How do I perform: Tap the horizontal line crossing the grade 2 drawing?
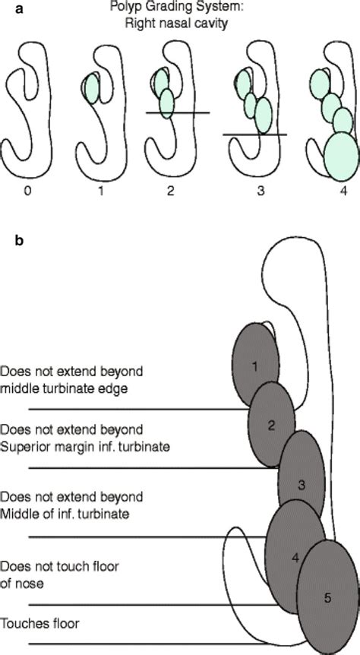point(177,113)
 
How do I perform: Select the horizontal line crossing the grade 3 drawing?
point(254,134)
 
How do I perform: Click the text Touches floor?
point(40,624)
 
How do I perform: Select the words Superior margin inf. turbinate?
point(84,447)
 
